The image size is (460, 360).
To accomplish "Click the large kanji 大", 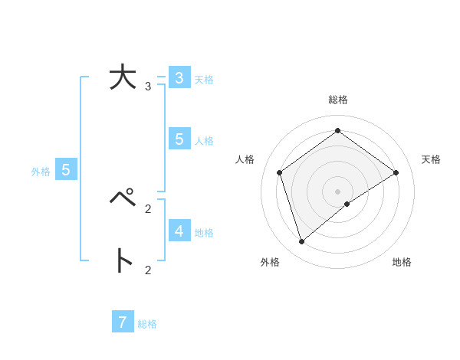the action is [x=122, y=80].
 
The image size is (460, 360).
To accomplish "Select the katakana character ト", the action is [x=123, y=260].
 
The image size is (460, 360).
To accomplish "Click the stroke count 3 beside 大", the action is [x=148, y=87].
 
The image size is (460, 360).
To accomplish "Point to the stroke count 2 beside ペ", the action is [x=148, y=208].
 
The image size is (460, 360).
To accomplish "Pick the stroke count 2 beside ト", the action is [x=148, y=269].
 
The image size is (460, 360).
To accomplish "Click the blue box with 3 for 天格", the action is [x=179, y=78].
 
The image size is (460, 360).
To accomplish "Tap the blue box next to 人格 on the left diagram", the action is [x=179, y=139].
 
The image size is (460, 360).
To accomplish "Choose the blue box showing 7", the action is [x=123, y=322].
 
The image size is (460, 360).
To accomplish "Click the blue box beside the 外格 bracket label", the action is [x=66, y=170].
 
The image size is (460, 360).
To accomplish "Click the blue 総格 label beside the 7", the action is [x=147, y=324].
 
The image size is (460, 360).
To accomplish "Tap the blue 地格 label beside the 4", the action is [x=204, y=233].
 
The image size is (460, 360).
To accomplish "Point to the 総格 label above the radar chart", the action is [x=337, y=100].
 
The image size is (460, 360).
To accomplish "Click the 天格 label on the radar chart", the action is [x=431, y=159].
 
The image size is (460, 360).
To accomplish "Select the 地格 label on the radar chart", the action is [x=402, y=262].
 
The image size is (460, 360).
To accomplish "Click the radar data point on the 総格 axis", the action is [x=337, y=131].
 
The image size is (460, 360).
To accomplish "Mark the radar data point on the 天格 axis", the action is [x=396, y=172].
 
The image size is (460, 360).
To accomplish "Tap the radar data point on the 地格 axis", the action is [x=347, y=204].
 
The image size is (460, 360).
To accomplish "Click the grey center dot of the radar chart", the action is [x=337, y=191].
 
